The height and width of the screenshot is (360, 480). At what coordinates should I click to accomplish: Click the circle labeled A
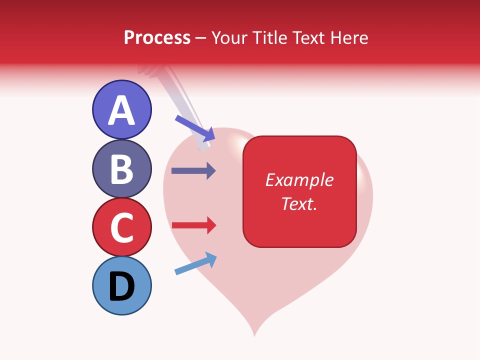coord(121,109)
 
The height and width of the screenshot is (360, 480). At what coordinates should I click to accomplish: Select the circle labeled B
coord(121,168)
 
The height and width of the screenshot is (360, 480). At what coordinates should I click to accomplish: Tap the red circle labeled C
coord(121,227)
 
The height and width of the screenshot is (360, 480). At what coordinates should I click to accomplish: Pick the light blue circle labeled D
coord(121,285)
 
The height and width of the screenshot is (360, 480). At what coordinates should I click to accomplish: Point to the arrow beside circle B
coord(193,170)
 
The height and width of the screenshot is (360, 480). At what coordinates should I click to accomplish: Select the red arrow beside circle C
coord(193,225)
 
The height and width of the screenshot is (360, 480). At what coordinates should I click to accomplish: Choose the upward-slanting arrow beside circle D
coord(195,263)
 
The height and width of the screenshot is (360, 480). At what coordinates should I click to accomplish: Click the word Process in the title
coord(157,38)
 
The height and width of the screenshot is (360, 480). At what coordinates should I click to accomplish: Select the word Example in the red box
coord(299,180)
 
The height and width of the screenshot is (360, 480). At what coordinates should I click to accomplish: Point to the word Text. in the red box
coord(299,203)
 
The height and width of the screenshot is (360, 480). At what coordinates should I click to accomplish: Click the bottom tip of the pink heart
coord(254,334)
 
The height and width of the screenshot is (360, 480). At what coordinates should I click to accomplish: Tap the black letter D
coord(121,286)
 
